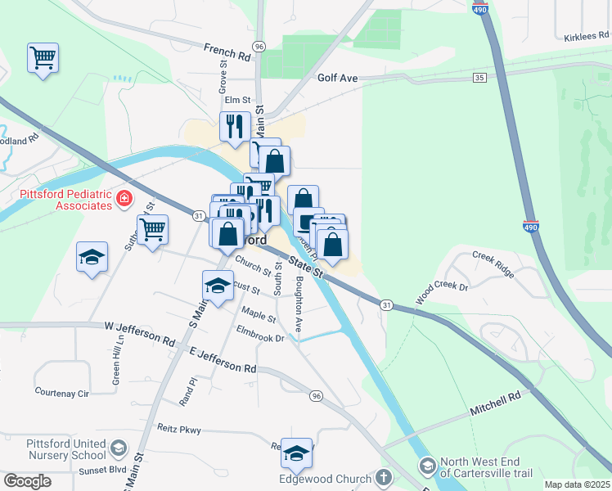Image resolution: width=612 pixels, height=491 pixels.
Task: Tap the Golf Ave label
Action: coord(338,79)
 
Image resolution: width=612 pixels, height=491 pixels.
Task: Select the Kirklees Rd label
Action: coord(587,37)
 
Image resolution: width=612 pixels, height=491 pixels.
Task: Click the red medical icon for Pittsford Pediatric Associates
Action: coord(124,198)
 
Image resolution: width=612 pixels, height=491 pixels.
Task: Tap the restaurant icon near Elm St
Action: coord(235,126)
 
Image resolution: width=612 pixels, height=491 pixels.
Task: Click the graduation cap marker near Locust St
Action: coord(218,286)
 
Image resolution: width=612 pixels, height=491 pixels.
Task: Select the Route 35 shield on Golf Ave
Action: coord(479,77)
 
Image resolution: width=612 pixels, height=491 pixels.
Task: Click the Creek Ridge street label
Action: coord(493,264)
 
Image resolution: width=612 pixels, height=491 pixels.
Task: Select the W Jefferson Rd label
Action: coord(140,332)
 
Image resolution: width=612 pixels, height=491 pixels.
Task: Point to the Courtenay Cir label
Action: coord(61,394)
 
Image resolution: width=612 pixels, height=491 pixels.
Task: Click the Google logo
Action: coord(27,481)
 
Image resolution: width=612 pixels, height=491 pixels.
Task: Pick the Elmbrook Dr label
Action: coord(259,335)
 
